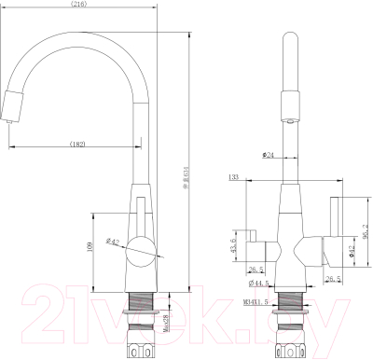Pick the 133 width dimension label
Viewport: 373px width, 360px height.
pos(233,175)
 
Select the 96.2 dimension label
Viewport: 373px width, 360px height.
pos(366,227)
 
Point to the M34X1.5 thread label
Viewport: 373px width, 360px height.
pos(256,301)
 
